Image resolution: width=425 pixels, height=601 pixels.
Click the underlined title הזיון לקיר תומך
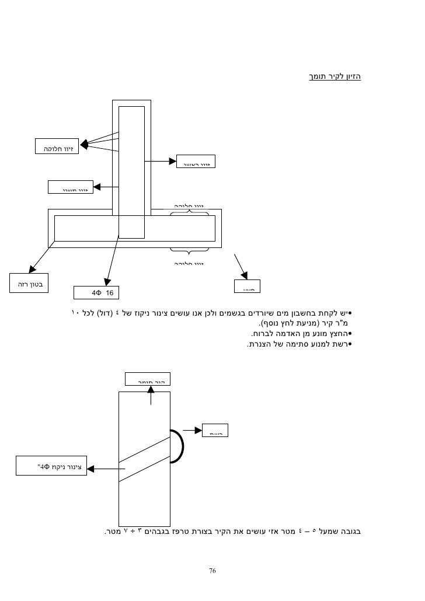[335, 76]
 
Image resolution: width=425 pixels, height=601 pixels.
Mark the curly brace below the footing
[189, 251]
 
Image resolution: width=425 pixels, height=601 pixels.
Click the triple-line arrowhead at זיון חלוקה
[83, 144]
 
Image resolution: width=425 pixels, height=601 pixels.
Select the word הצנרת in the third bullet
[259, 344]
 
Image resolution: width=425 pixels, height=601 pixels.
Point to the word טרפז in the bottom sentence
[213, 531]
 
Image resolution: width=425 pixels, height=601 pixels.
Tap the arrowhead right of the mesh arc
[197, 431]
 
